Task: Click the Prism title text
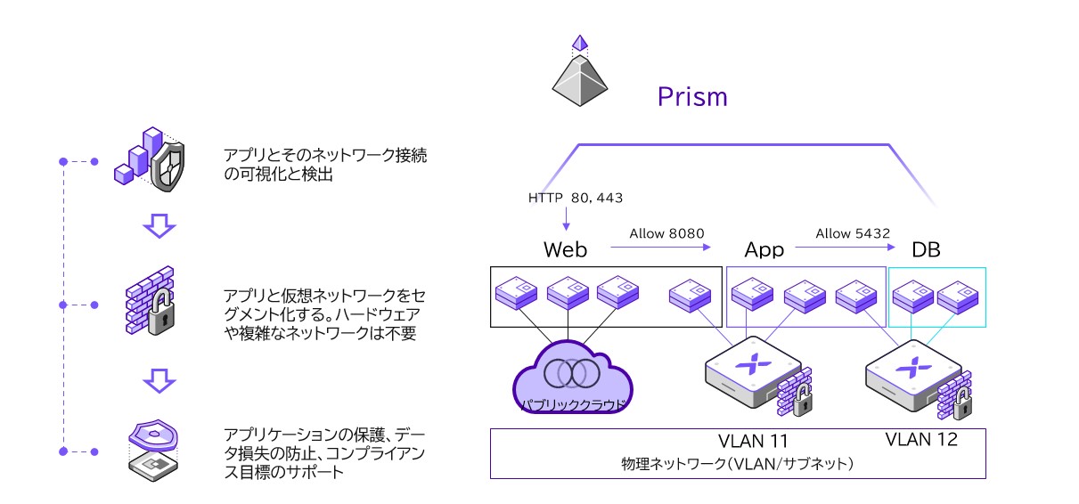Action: click(691, 96)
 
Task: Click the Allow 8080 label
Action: click(666, 233)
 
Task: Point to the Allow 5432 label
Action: click(853, 233)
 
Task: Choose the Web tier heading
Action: click(566, 250)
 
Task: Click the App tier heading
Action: click(764, 250)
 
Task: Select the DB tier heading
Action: click(926, 250)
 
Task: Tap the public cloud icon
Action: click(572, 378)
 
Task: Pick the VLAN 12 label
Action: click(921, 439)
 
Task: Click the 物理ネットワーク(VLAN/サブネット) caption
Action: click(738, 464)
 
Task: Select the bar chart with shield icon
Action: click(150, 160)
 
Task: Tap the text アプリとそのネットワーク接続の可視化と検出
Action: click(325, 166)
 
